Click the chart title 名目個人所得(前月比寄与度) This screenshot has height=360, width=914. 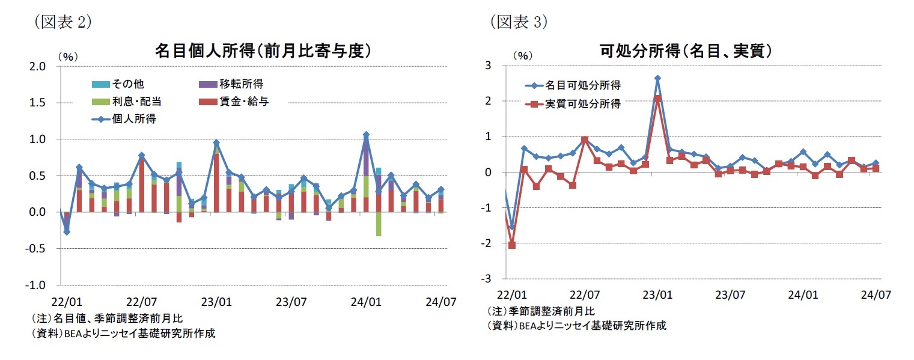click(x=262, y=52)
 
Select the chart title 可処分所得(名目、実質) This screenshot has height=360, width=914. click(x=686, y=52)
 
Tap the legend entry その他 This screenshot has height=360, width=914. click(x=121, y=84)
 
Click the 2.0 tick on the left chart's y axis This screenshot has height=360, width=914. click(x=38, y=66)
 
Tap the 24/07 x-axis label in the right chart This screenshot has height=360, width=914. click(x=876, y=295)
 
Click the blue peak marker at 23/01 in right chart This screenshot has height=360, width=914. click(x=657, y=78)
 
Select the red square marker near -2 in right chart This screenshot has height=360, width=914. click(x=512, y=245)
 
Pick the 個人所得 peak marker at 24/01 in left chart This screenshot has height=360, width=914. click(x=366, y=135)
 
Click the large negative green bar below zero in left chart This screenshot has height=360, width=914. click(x=379, y=224)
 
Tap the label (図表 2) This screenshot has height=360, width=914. click(x=60, y=22)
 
